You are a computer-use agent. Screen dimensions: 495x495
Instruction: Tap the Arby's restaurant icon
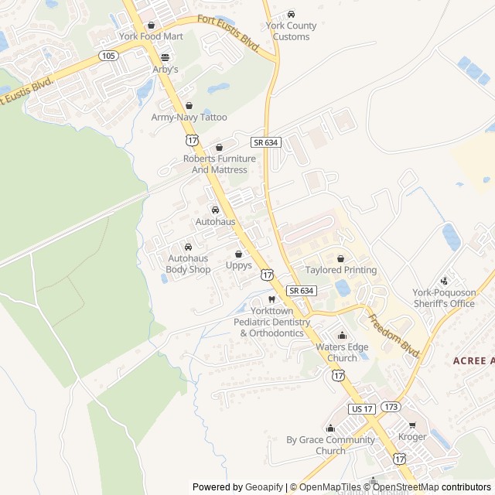tap(165, 57)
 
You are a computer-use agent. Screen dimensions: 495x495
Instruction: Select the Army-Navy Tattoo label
tap(189, 118)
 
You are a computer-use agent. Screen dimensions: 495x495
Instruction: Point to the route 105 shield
tap(108, 56)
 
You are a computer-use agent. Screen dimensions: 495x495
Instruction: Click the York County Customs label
tap(287, 31)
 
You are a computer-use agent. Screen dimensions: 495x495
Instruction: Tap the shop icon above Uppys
tap(238, 254)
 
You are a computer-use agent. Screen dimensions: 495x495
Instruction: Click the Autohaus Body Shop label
tap(188, 264)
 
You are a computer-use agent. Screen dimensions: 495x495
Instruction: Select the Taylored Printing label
tap(340, 270)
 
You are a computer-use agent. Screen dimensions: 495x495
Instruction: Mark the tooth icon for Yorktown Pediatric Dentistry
tap(271, 299)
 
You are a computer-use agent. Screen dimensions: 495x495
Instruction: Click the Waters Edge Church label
tap(342, 353)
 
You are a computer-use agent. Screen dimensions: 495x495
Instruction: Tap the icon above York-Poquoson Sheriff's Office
tap(444, 281)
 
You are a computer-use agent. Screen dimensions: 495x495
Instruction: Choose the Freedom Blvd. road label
tap(394, 335)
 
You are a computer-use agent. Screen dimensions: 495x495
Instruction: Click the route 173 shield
tap(391, 406)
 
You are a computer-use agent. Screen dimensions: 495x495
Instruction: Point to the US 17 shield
tap(361, 408)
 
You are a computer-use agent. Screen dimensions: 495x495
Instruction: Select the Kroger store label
tap(412, 437)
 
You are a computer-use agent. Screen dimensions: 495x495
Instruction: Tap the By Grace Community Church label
tap(330, 445)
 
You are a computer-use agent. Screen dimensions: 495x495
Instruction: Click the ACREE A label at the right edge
tap(473, 360)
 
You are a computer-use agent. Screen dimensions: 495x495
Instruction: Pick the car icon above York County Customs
tap(291, 15)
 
